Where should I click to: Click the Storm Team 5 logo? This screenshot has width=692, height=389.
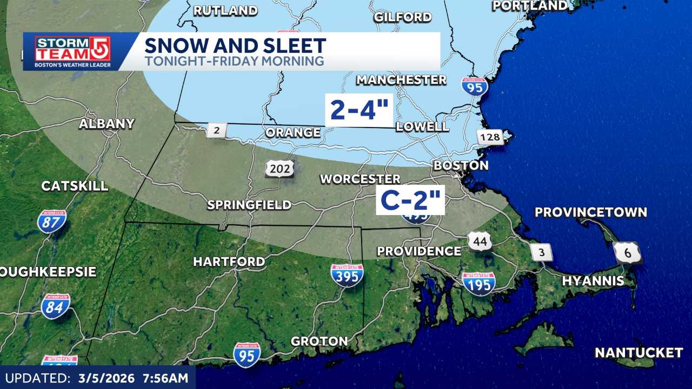(x=72, y=52)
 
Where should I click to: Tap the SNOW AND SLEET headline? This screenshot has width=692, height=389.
(x=235, y=45)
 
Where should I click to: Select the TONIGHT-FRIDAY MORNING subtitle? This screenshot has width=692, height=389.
(x=234, y=61)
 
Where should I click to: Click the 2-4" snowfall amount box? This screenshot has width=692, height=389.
(x=359, y=110)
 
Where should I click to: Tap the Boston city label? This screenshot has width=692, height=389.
(x=461, y=165)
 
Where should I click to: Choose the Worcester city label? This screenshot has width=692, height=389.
(x=360, y=179)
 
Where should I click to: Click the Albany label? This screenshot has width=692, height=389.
(x=107, y=124)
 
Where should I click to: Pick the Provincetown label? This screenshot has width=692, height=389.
(x=590, y=212)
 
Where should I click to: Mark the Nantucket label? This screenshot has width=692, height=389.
(x=638, y=353)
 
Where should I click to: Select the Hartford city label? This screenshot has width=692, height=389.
(x=229, y=262)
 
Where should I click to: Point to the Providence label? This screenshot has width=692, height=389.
(x=419, y=251)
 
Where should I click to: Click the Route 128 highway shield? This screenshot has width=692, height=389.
(x=490, y=137)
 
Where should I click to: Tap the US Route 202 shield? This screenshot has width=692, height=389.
(x=280, y=169)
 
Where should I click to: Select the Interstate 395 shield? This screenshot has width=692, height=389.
(x=347, y=275)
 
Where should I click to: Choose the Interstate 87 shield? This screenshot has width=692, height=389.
(x=52, y=222)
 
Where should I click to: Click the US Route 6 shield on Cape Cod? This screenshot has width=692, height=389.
(x=628, y=252)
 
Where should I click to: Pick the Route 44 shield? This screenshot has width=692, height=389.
(x=480, y=240)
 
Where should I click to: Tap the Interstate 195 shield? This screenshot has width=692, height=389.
(x=479, y=284)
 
